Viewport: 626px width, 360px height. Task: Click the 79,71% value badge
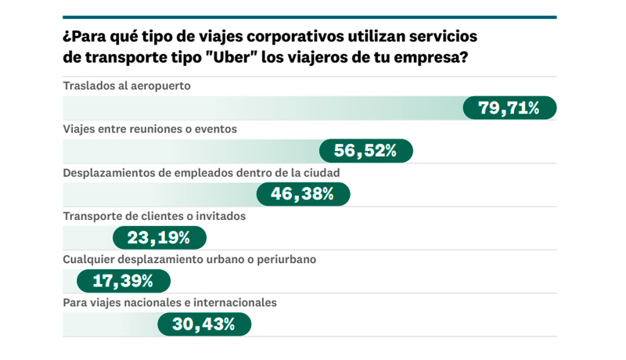click(x=509, y=108)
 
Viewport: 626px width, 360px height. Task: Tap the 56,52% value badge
click(x=366, y=151)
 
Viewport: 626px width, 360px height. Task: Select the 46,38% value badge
click(x=303, y=194)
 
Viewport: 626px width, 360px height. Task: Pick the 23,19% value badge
click(x=160, y=237)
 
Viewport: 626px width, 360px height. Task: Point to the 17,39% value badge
click(x=123, y=280)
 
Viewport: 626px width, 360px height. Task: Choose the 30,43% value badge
click(x=204, y=323)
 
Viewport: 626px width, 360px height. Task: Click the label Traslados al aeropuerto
click(x=127, y=85)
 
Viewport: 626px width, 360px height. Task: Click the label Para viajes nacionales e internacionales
click(x=170, y=301)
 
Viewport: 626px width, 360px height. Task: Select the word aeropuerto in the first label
click(x=161, y=85)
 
